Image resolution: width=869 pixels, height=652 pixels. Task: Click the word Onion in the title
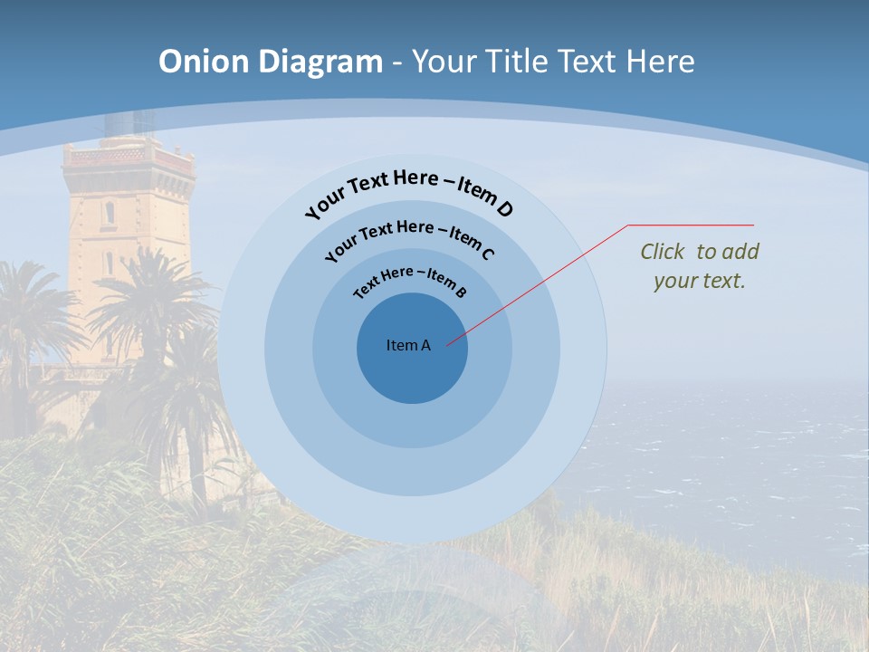pos(204,62)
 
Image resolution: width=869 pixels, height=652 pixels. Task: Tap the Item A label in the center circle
pos(408,345)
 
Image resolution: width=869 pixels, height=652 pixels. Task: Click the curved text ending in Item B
pos(410,279)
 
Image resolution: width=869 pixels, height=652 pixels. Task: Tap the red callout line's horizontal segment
pos(691,225)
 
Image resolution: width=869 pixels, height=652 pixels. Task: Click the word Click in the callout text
pos(663,252)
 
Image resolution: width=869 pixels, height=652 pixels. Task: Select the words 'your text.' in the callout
pos(699,281)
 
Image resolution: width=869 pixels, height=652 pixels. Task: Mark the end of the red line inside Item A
pos(447,344)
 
